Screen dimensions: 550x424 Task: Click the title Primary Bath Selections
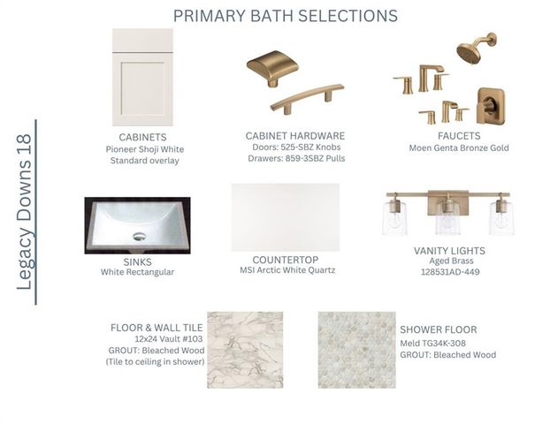point(286,16)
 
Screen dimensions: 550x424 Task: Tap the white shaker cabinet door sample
point(142,77)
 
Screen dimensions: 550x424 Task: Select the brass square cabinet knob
point(272,68)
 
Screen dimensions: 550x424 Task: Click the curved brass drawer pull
point(307,98)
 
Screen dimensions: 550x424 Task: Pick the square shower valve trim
point(491,106)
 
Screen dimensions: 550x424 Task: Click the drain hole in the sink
point(139,237)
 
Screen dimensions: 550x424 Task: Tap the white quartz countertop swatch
point(286,217)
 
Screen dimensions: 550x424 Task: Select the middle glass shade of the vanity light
point(448,219)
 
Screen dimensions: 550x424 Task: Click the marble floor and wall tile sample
point(245,350)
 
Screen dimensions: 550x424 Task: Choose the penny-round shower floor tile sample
point(357,350)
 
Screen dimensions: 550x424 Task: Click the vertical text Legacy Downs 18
point(24,212)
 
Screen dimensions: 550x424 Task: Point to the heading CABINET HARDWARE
point(295,136)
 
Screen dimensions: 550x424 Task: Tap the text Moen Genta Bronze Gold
point(459,148)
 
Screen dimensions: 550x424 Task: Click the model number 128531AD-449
point(450,272)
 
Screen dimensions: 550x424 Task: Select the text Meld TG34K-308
point(433,343)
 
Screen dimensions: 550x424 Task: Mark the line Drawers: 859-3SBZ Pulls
point(296,158)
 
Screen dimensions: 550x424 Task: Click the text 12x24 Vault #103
point(169,339)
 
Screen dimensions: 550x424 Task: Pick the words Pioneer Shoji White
point(145,149)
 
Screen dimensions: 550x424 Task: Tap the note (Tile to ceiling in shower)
point(155,361)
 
